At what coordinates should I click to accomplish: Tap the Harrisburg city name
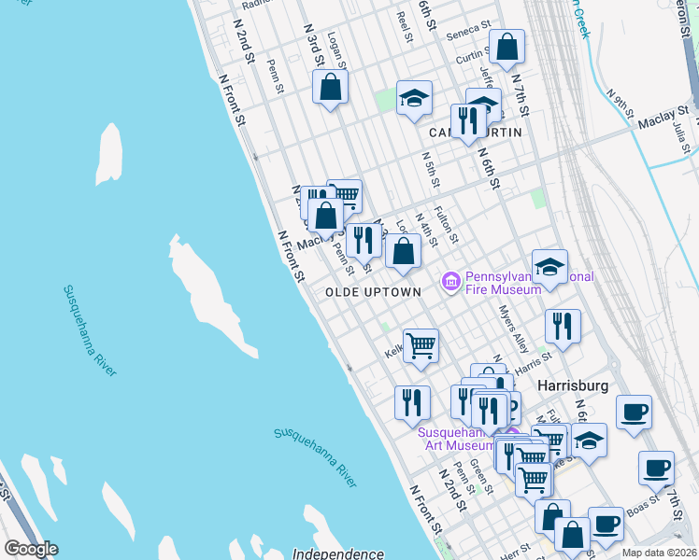pos(572,385)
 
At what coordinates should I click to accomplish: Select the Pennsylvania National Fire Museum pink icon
pos(451,280)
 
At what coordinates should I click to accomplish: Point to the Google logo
pos(31,549)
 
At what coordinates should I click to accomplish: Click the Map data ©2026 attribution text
pos(659,553)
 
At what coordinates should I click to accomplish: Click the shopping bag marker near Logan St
pos(330,87)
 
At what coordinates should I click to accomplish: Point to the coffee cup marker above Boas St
pos(656,467)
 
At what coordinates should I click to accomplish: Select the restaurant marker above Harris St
pos(563,327)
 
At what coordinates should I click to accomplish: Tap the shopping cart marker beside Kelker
pos(421,344)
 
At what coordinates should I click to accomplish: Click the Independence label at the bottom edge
pos(339,553)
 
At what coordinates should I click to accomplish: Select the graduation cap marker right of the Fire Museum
pos(549,266)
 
